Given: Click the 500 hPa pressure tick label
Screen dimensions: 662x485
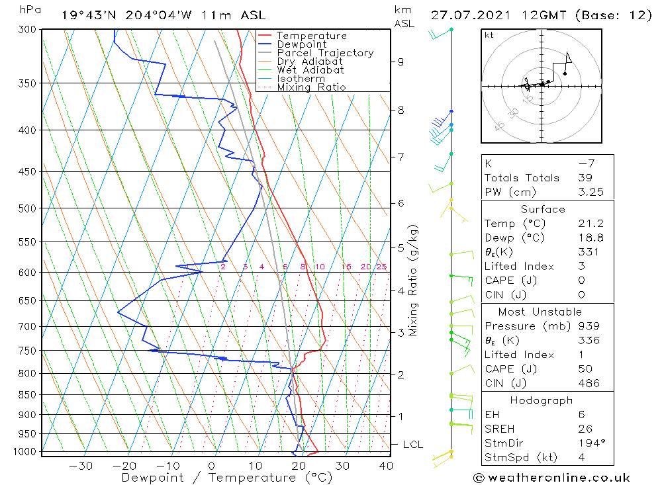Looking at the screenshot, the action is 27,208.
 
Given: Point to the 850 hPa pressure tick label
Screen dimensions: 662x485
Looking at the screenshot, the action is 27,395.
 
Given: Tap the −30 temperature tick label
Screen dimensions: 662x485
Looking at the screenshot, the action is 81,466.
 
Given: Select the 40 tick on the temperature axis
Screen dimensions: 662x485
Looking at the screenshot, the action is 387,466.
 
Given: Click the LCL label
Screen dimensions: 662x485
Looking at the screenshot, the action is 413,445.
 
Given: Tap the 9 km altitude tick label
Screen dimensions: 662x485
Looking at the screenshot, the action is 401,62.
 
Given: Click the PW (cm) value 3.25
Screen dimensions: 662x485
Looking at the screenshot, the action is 591,192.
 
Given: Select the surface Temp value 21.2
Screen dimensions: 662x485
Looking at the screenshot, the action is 591,223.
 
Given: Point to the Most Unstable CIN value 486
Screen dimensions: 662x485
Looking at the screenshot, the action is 589,383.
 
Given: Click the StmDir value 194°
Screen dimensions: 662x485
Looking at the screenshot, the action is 592,443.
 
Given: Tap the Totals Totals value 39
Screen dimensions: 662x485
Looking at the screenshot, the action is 585,178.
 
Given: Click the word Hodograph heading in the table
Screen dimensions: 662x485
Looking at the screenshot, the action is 542,400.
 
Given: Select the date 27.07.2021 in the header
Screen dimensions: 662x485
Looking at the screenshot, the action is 471,16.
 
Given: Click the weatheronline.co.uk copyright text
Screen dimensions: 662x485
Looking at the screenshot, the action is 552,478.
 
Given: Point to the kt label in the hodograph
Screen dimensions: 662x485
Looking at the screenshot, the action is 489,35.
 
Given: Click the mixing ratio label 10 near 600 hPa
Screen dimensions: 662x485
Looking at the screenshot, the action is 320,267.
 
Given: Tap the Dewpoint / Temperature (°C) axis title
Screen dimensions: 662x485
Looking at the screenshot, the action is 226,478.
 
